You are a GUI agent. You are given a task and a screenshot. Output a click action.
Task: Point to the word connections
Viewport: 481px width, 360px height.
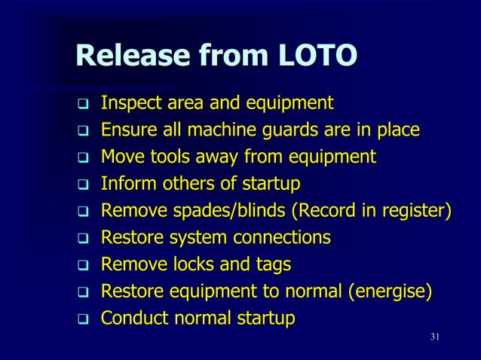pyautogui.click(x=280, y=239)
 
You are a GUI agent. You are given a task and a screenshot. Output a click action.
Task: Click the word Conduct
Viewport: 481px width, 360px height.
pyautogui.click(x=133, y=320)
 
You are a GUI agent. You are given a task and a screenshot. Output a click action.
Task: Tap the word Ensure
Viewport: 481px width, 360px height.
pyautogui.click(x=127, y=130)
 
